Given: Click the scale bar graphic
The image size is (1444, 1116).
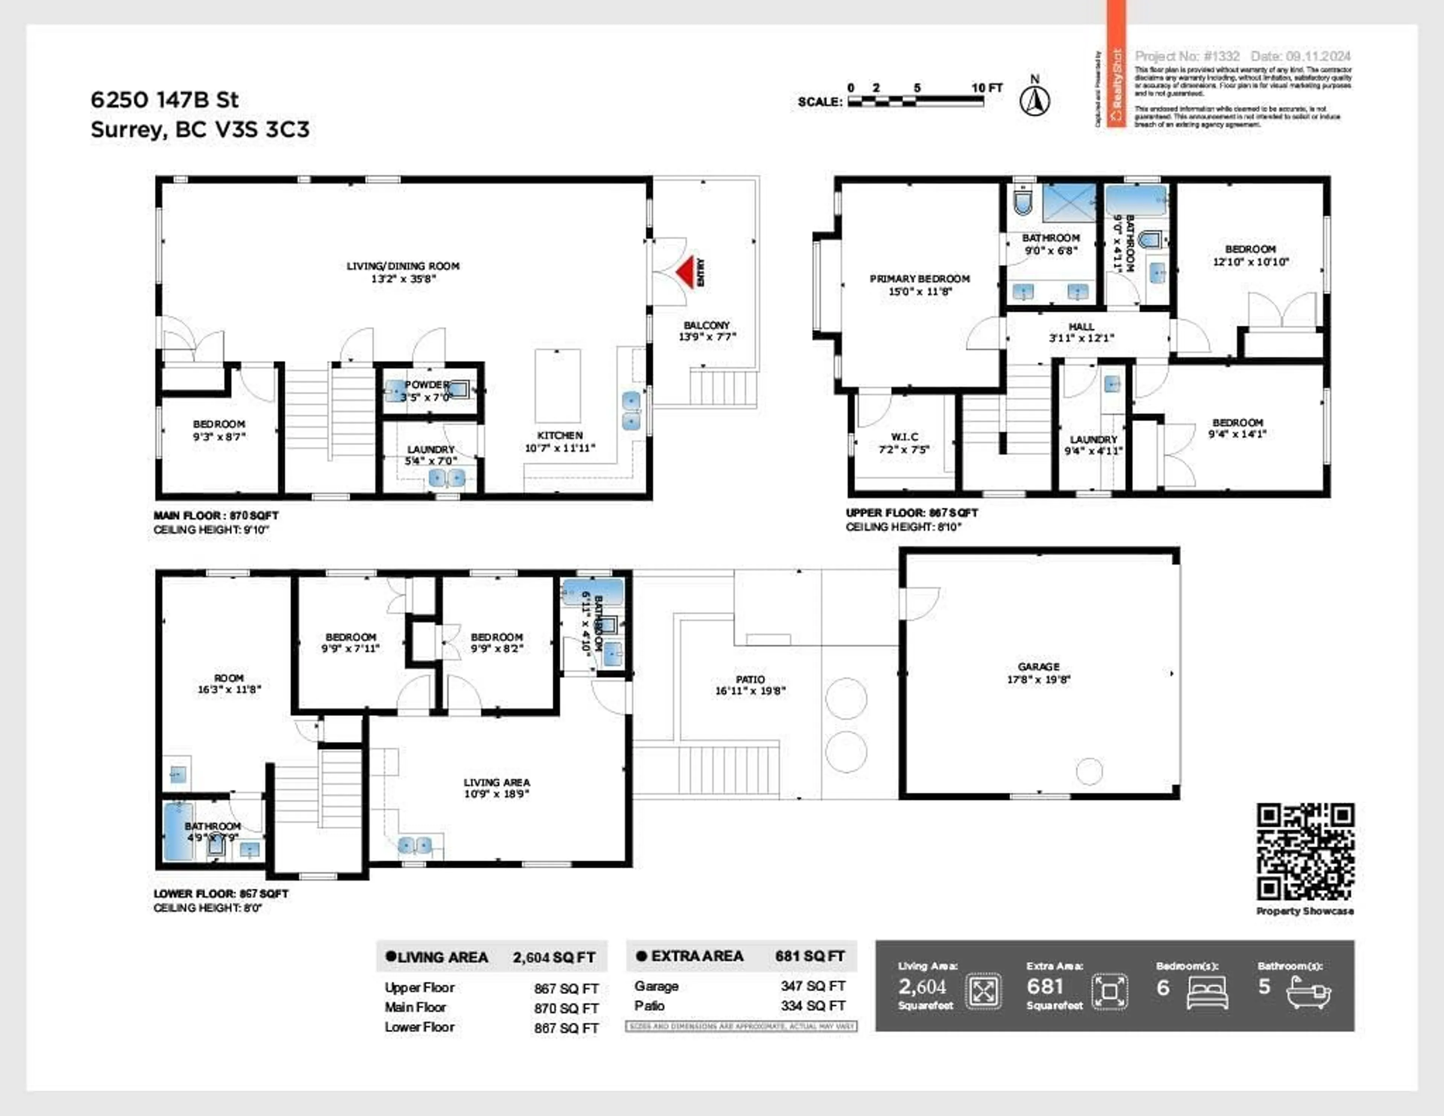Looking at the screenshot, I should pyautogui.click(x=916, y=101).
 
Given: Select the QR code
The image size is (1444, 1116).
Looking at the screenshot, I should pyautogui.click(x=1305, y=851).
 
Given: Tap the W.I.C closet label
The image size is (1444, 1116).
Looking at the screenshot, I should pyautogui.click(x=904, y=436).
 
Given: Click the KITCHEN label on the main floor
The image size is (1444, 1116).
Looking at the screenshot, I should pyautogui.click(x=559, y=435).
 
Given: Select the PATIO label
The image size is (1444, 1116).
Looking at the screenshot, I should pyautogui.click(x=750, y=680).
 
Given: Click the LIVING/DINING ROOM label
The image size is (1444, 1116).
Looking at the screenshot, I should pyautogui.click(x=403, y=266).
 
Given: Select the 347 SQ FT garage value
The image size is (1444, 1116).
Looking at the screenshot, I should pyautogui.click(x=813, y=986).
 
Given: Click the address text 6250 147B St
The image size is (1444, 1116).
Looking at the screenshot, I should pyautogui.click(x=165, y=100).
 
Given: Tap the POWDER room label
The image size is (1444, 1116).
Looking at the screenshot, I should pyautogui.click(x=426, y=384).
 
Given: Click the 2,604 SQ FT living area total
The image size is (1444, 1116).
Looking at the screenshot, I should pyautogui.click(x=554, y=957).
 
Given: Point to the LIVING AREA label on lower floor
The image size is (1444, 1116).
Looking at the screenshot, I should pyautogui.click(x=496, y=782).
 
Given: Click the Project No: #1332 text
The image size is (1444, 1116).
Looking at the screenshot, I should pyautogui.click(x=1187, y=56).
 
